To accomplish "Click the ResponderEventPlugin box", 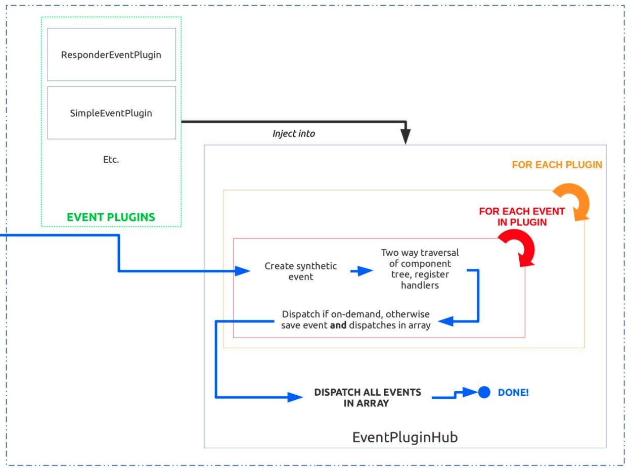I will [x=111, y=55].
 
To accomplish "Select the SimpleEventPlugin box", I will [x=111, y=113].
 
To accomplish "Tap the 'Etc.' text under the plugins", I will [x=111, y=159].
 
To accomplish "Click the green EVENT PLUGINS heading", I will [x=111, y=218].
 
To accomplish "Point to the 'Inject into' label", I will [x=294, y=134].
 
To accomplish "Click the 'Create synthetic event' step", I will [x=301, y=271].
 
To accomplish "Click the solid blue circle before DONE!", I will [x=484, y=392].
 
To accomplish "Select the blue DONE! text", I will [x=513, y=392].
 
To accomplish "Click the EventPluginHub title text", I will [x=404, y=436].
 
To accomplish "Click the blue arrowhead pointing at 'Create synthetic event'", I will [x=244, y=271].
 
